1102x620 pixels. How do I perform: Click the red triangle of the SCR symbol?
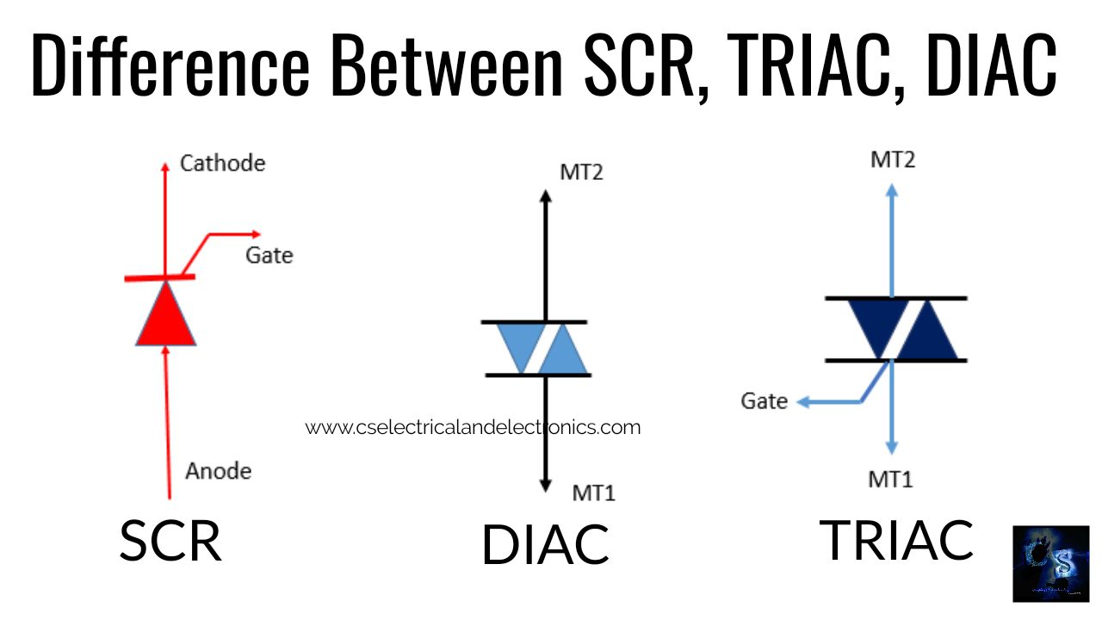166,317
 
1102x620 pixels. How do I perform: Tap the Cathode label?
222,163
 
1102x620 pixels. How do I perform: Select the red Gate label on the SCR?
269,255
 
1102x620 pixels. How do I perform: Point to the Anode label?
219,471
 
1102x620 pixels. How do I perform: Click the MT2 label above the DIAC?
581,171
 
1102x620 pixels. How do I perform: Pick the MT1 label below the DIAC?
594,493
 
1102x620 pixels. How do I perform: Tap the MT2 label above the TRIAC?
892,159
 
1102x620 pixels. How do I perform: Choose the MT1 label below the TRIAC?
890,480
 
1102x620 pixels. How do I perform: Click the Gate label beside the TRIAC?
764,401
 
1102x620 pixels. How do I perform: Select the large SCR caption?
170,541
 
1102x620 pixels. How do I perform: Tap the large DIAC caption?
545,544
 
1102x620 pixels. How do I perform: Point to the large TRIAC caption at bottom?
896,540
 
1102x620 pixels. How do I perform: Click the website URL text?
473,427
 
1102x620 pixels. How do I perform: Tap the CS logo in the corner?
1050,563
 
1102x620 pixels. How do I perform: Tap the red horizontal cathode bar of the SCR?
159,277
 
